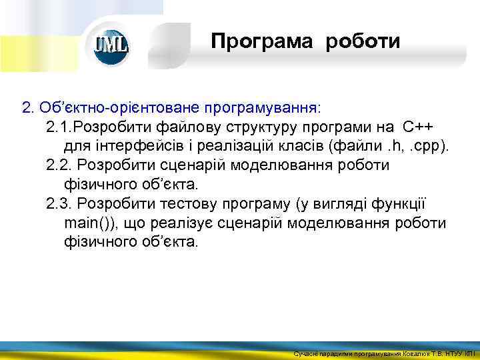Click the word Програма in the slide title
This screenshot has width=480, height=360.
pos(261,42)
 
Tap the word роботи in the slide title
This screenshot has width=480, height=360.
pos(363,42)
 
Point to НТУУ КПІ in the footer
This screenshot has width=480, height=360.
pos(459,353)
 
